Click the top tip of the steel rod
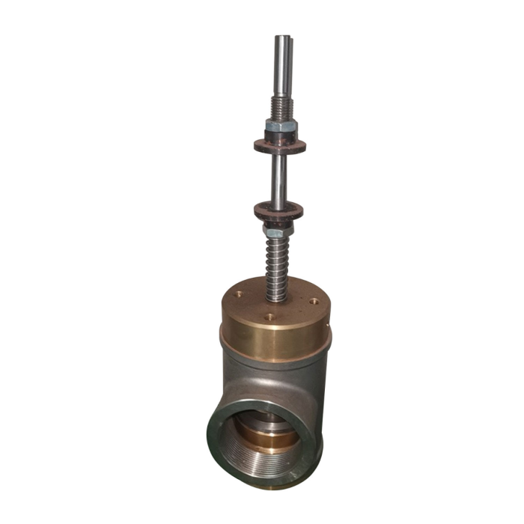(x=283, y=38)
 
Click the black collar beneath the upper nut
(x=281, y=136)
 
